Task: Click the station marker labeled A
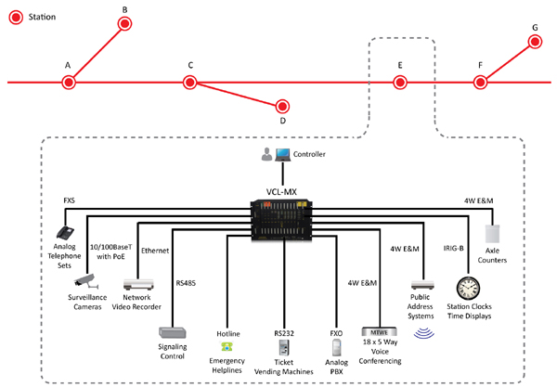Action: tap(68, 83)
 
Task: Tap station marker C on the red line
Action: tap(190, 82)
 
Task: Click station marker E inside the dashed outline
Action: tap(399, 82)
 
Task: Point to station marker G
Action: tap(534, 41)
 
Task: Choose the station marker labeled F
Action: tap(480, 82)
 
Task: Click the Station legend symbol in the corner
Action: tap(14, 17)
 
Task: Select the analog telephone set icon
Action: tap(66, 234)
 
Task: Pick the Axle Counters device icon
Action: tap(492, 236)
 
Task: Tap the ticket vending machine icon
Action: tap(285, 346)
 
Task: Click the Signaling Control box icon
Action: tap(173, 331)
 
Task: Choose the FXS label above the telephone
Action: tap(70, 200)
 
